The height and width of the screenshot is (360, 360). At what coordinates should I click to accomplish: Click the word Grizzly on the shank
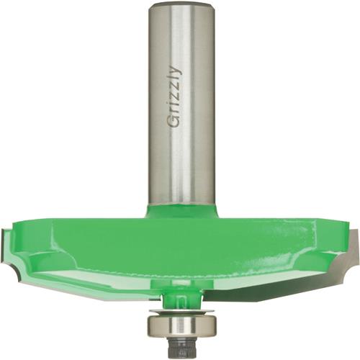coord(174,96)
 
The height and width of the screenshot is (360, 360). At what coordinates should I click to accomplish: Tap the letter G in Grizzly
coord(174,121)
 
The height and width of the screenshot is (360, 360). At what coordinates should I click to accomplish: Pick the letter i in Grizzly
coord(174,104)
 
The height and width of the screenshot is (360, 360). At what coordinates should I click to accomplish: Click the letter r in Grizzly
coord(175,111)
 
